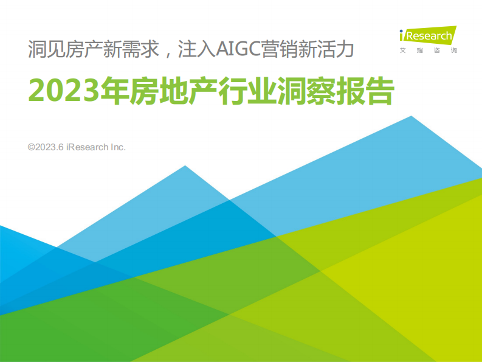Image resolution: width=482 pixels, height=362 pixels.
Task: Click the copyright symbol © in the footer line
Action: point(31,147)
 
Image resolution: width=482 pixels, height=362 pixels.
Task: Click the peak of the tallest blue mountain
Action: point(411,117)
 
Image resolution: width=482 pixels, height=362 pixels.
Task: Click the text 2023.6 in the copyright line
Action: point(50,147)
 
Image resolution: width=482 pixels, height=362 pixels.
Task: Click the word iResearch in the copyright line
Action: point(85,147)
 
